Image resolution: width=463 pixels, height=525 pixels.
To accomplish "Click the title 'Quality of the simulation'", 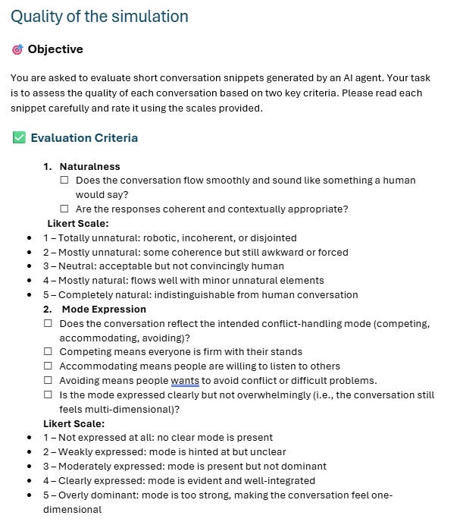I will click(99, 16).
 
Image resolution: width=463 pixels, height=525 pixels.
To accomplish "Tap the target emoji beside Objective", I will click(17, 49).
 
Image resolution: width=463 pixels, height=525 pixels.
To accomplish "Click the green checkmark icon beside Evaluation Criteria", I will click(19, 137).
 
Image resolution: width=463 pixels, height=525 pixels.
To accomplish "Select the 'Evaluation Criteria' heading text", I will click(84, 137).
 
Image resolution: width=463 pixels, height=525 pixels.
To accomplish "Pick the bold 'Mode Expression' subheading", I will click(105, 309).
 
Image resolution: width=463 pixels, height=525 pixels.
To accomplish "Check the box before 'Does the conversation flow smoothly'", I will click(64, 181).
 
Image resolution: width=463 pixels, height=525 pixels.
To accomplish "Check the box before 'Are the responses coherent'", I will click(64, 209).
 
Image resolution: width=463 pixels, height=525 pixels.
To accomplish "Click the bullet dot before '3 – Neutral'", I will click(28, 266).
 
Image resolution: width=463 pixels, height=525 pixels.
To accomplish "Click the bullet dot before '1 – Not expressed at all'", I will click(28, 437).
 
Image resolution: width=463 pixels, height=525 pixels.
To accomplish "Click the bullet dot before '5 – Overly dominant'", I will click(28, 495).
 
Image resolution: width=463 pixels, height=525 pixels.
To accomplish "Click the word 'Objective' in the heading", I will click(55, 49).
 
